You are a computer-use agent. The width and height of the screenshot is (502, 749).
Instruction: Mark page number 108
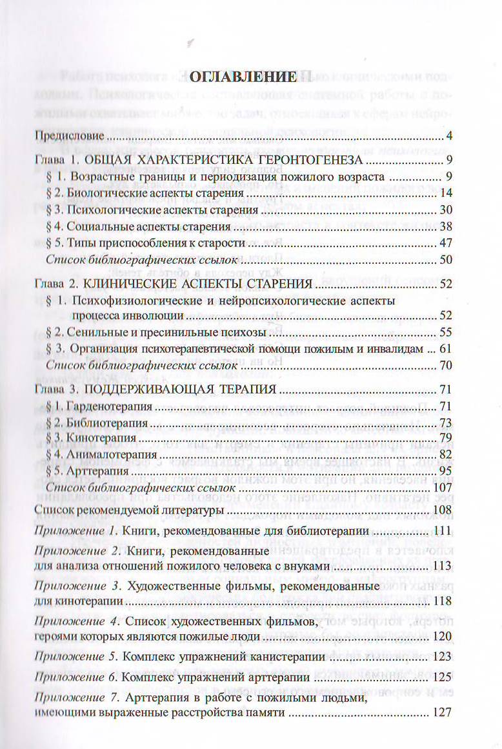(444, 512)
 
